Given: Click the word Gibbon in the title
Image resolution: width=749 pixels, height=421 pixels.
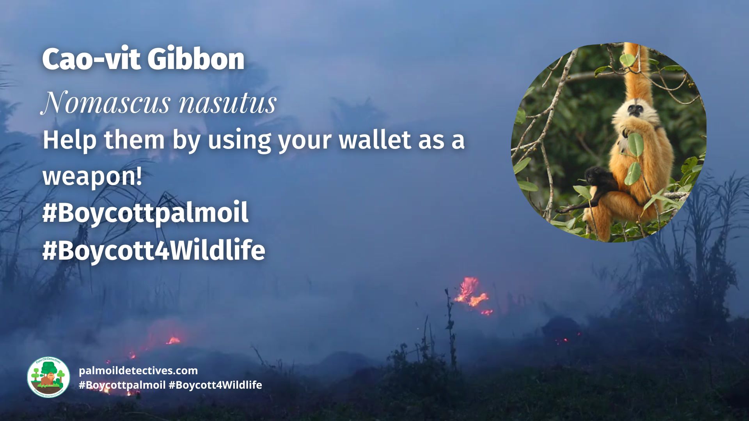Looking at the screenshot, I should click(196, 59).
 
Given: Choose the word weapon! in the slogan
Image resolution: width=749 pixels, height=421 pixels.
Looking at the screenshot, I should click(92, 176).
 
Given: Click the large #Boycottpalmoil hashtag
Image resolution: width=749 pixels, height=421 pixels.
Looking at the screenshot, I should click(145, 213).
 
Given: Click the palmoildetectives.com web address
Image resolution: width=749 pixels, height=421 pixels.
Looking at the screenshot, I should click(138, 370).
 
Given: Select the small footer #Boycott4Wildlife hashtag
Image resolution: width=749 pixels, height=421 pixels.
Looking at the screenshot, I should click(215, 385).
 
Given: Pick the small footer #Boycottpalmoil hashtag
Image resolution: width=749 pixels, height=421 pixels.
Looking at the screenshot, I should click(122, 385).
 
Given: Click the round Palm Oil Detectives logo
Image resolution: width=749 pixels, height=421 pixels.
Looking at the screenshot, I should click(48, 377).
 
